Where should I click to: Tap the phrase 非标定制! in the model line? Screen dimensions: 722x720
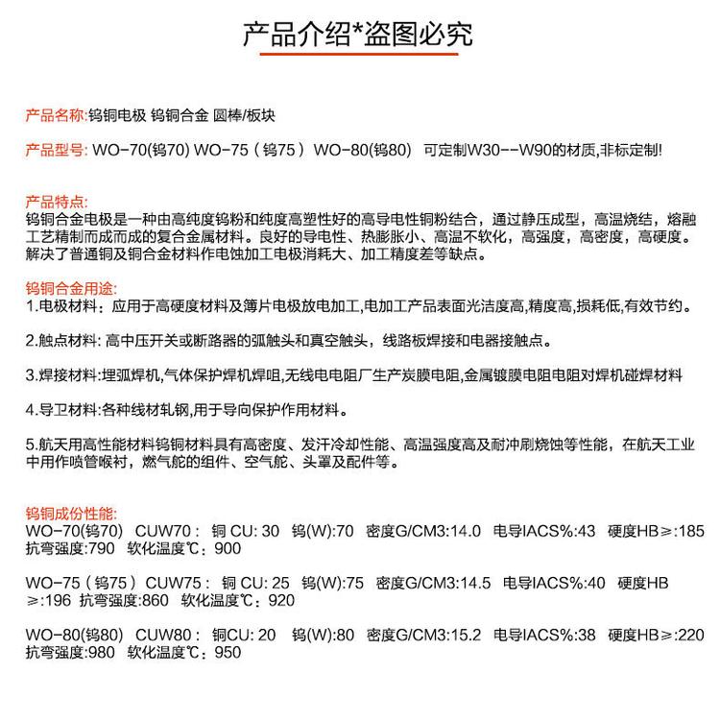point(630,151)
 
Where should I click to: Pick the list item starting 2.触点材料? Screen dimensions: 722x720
point(288,341)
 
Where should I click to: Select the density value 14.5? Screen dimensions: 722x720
point(476,583)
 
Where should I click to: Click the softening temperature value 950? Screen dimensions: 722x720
point(228,653)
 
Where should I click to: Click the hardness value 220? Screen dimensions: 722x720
point(690,635)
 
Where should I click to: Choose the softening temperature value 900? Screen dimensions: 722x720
point(228,548)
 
